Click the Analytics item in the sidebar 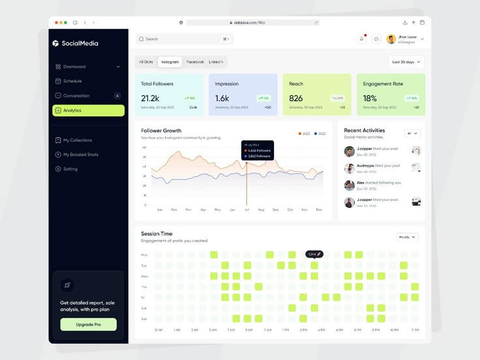click(87, 110)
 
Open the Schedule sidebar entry click(72, 81)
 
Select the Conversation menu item click(76, 96)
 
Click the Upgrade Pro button click(88, 324)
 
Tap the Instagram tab click(170, 62)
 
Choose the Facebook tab click(195, 62)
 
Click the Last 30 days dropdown click(406, 62)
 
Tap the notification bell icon click(362, 39)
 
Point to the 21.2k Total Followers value click(150, 98)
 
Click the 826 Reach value click(296, 98)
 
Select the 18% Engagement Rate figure click(370, 98)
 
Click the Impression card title click(227, 83)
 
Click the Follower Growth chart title click(161, 130)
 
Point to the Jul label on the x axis click(246, 210)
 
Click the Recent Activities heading click(365, 130)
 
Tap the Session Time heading click(157, 233)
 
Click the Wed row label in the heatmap click(144, 277)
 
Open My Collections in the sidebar click(78, 140)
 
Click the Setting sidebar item click(70, 169)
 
